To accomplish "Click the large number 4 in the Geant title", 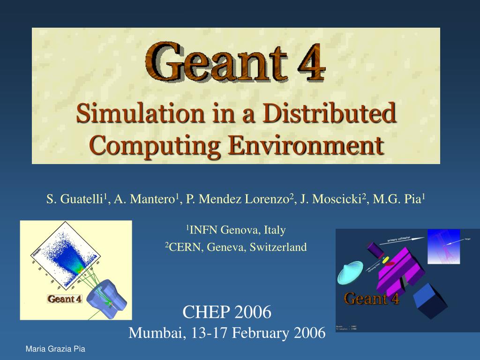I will [x=309, y=62].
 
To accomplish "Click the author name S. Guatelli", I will [x=75, y=199].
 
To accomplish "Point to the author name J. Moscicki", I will [x=332, y=199].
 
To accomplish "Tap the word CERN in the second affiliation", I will [x=184, y=247].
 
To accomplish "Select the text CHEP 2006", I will [x=226, y=311].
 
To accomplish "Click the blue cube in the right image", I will [x=432, y=300].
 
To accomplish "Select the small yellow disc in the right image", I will [x=386, y=259].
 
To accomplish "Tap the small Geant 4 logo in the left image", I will [x=65, y=299].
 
